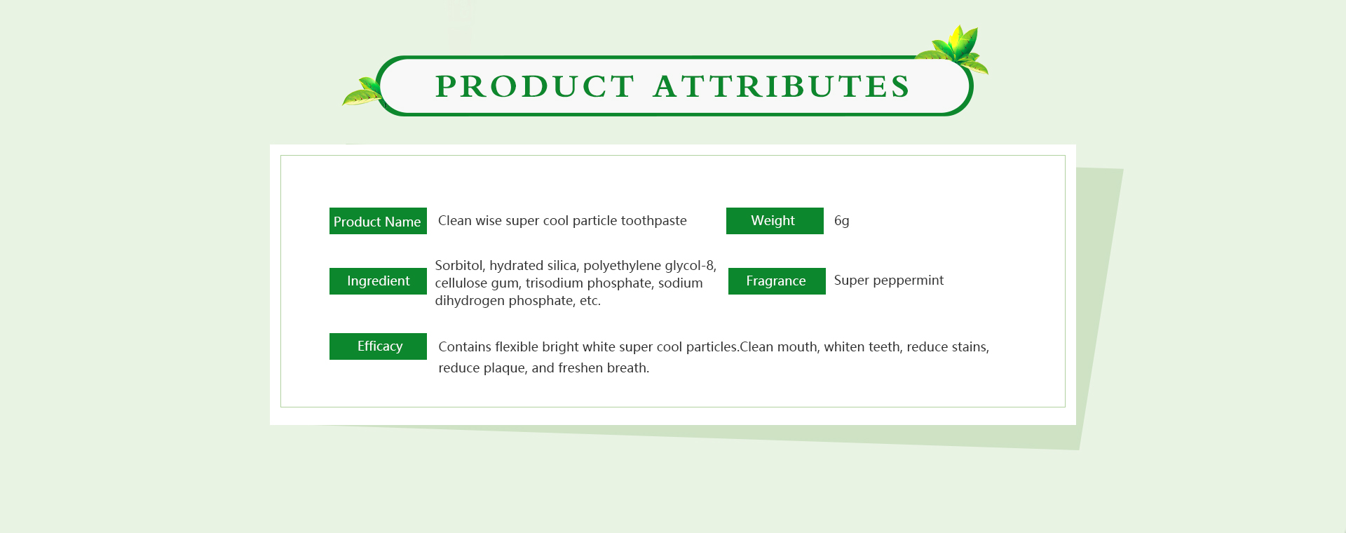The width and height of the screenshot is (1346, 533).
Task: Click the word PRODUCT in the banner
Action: coord(535,86)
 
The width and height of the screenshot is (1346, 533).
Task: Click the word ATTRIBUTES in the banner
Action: coord(781,86)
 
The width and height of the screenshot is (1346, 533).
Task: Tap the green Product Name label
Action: coord(378,221)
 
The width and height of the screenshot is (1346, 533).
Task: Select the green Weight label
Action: coord(775,221)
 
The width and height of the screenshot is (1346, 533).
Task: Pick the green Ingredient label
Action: coord(378,281)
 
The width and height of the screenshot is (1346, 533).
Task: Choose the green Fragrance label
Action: coord(777,281)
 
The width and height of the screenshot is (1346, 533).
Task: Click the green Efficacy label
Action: coord(378,346)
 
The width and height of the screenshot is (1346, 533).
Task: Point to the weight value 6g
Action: coord(842,222)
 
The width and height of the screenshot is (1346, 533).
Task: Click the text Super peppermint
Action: coord(889,281)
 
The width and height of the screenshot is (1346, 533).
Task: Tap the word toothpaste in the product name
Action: coord(653,221)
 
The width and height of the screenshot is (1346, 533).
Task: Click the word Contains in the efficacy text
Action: coord(465,346)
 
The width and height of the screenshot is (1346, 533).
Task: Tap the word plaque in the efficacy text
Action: coord(504,368)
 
